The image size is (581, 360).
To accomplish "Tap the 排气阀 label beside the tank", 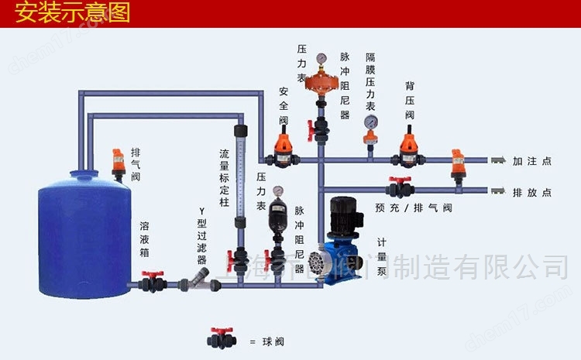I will (x=136, y=165).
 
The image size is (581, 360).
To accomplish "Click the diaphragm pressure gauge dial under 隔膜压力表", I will (x=372, y=122).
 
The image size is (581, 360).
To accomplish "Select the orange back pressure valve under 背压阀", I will (x=407, y=150).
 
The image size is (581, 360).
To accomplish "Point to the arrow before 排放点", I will (x=498, y=190).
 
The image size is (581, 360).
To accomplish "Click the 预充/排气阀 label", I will (x=414, y=207).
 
